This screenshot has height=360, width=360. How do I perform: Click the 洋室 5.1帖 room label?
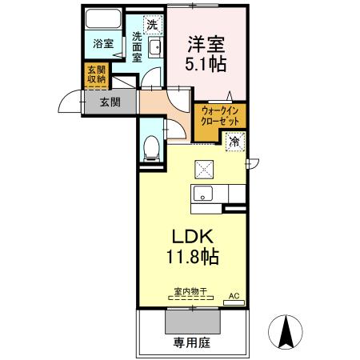[x=206, y=54]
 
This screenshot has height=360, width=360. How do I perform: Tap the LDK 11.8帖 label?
[x=193, y=246]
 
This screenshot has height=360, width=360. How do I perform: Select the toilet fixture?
[x=151, y=148]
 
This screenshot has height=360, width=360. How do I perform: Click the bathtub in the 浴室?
[x=103, y=18]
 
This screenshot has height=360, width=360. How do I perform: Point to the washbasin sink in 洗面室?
[x=155, y=47]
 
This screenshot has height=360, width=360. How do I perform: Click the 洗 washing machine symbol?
[x=153, y=25]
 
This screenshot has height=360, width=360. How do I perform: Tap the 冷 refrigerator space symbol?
[x=235, y=142]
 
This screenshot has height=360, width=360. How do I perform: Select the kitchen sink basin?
[x=203, y=193]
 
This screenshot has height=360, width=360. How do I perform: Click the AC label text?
[x=234, y=296]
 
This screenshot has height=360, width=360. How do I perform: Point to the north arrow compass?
[x=286, y=332]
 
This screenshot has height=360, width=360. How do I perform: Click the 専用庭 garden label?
[x=192, y=342]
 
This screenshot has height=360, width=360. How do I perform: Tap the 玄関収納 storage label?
[x=97, y=74]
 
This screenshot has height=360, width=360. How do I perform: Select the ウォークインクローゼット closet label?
[x=220, y=116]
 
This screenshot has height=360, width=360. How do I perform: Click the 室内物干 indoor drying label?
[x=190, y=291]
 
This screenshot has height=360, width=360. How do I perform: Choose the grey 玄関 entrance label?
[x=110, y=102]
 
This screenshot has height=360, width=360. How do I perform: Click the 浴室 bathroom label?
[x=103, y=43]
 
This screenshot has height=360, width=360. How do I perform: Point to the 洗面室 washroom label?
[x=137, y=47]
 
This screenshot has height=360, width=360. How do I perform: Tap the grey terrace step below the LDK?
[x=193, y=322]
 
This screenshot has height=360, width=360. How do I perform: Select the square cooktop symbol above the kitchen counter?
[x=204, y=170]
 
